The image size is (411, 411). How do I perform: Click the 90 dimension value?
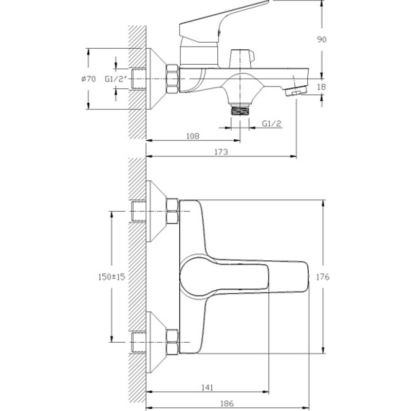[x=322, y=40]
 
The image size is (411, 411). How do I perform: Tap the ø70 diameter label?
[x=88, y=79]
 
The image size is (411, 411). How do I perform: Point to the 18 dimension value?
[x=322, y=87]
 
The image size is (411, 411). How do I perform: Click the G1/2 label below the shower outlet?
[x=271, y=123]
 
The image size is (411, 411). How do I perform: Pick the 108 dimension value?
[x=193, y=136]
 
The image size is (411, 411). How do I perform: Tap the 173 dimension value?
[x=221, y=152]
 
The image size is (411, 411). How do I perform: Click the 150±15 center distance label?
[x=111, y=277]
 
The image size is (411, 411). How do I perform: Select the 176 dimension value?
[x=323, y=277]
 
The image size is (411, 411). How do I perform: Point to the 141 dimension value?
[x=207, y=387]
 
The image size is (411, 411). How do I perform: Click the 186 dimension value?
[x=227, y=403]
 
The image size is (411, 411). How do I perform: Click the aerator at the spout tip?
[x=296, y=92]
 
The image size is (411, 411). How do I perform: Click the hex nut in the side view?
[x=172, y=79]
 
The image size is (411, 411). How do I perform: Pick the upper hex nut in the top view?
[x=173, y=211]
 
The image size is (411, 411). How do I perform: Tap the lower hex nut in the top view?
[x=173, y=342]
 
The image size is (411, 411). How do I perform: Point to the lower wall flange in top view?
[x=157, y=342]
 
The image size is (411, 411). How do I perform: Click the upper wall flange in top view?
[x=157, y=211]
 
